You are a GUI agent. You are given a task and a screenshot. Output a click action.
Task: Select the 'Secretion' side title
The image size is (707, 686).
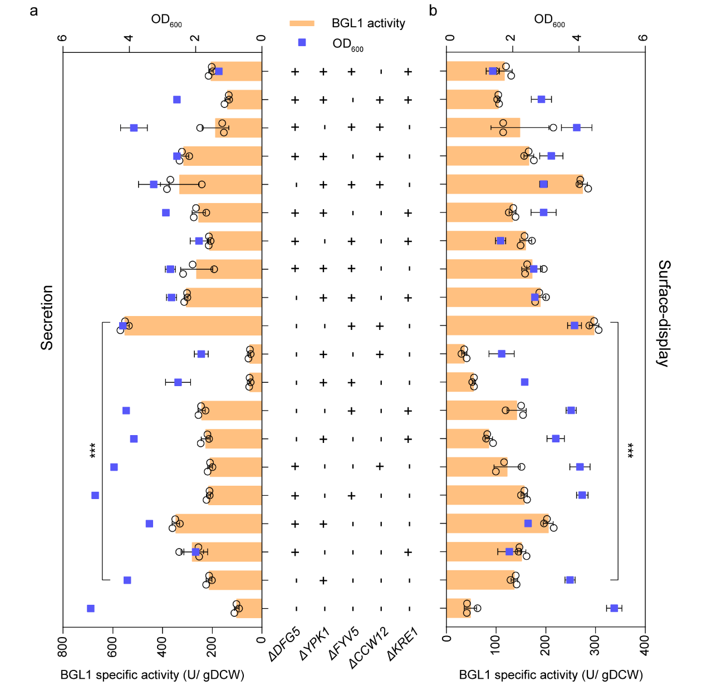[x=47, y=318]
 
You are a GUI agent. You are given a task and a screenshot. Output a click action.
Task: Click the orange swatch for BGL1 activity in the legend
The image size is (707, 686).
[x=302, y=23]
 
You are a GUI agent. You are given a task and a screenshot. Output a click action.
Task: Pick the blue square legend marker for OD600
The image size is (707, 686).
[x=302, y=42]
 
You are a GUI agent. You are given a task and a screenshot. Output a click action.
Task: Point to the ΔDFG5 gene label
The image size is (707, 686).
[x=284, y=644]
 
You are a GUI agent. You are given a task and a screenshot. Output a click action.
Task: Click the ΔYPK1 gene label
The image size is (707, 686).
[x=315, y=644]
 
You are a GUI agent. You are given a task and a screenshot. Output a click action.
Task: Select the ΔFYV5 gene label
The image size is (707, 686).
[x=343, y=644]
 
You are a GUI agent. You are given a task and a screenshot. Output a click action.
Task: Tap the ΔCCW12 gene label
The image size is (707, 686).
[x=369, y=648]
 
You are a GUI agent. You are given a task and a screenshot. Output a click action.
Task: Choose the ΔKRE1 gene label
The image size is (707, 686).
[x=402, y=644]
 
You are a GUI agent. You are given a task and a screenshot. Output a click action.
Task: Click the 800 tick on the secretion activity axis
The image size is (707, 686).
[x=63, y=647]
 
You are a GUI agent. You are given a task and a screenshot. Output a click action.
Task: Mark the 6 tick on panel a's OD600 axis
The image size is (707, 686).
[x=63, y=38]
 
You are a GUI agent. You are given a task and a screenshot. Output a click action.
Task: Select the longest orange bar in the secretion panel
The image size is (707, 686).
[x=193, y=326]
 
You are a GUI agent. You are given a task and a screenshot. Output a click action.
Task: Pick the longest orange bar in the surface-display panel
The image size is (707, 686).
[x=521, y=325]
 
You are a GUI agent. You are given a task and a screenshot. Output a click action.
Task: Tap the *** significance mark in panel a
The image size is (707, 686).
[x=93, y=451]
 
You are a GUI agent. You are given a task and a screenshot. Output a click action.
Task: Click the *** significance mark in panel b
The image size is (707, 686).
[x=631, y=451]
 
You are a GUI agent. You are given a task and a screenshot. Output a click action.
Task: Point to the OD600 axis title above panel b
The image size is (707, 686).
[x=549, y=20]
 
